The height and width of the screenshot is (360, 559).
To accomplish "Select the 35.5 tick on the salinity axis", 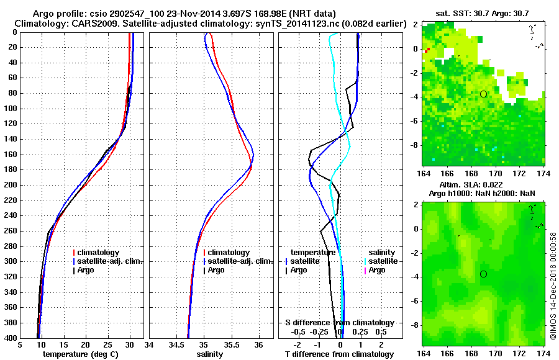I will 231,345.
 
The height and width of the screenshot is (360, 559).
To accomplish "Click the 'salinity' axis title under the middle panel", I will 209,354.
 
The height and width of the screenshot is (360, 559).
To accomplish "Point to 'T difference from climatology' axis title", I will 340,354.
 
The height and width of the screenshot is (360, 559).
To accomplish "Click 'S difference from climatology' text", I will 339,323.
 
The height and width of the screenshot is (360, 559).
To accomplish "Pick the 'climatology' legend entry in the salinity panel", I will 229,253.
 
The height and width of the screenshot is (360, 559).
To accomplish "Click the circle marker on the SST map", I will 483,94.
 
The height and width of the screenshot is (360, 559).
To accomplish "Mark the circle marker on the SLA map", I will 483,274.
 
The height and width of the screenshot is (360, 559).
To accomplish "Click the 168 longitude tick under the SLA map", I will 471,353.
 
